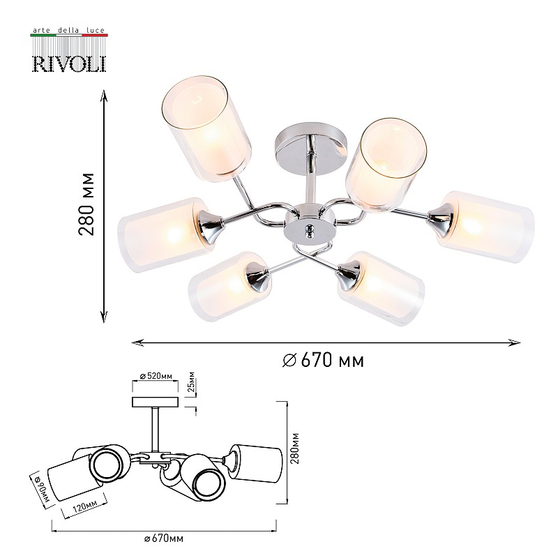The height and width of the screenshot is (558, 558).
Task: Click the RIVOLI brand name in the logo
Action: click(69, 63)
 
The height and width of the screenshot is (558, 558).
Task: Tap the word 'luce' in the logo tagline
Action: click(96, 31)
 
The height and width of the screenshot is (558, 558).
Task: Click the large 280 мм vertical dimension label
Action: click(86, 204)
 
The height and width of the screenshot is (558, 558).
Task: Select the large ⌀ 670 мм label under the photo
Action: click(323, 360)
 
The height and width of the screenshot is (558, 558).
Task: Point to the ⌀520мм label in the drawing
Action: click(156, 376)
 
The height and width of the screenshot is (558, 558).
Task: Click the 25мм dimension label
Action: click(191, 382)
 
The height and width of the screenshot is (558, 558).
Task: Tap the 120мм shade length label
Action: click(85, 505)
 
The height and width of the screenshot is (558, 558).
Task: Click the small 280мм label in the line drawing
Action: click(294, 448)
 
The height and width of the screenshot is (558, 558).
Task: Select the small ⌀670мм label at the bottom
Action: click(164, 538)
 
